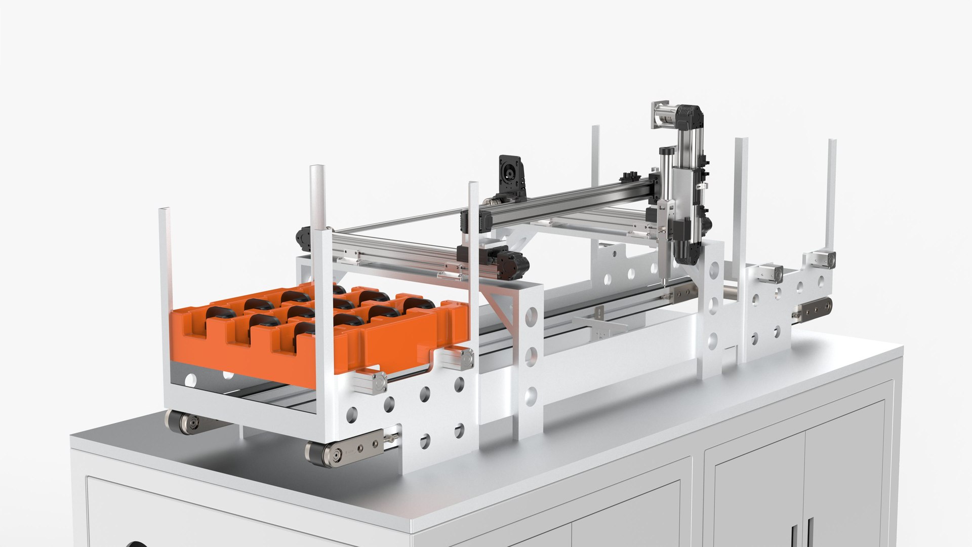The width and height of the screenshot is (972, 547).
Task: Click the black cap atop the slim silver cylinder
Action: point(667,150)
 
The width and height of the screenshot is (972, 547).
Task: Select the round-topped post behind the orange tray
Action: point(319,203)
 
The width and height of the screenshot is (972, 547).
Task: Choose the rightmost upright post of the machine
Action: point(831,192)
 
